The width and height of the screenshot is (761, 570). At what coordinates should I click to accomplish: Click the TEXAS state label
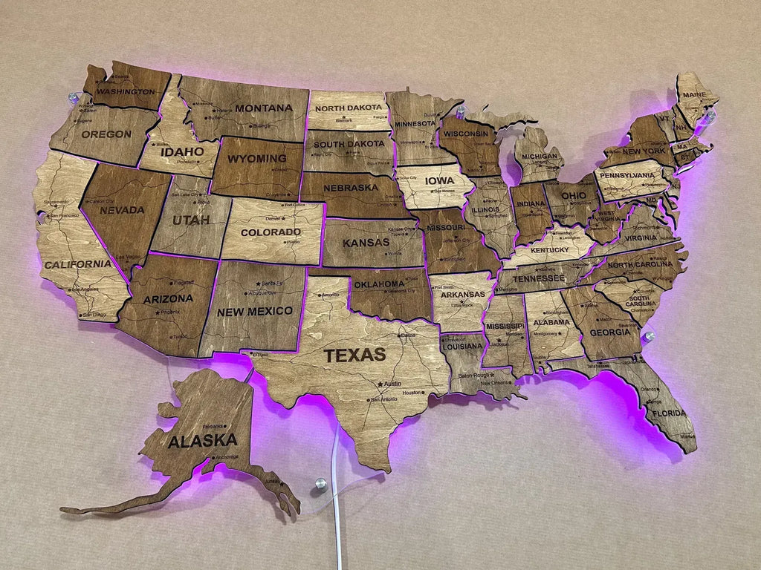point(354,355)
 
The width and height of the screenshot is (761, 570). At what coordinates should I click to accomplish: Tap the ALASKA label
point(202,441)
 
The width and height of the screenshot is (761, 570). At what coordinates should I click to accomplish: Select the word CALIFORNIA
point(77,264)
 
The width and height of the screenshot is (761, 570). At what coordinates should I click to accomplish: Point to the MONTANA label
point(264,108)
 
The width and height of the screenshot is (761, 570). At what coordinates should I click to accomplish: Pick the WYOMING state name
point(256,158)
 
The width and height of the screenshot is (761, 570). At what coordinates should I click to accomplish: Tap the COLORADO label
point(270,232)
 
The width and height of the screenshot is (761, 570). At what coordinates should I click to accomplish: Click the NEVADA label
point(122,209)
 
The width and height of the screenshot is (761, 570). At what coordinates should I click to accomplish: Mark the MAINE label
point(693,95)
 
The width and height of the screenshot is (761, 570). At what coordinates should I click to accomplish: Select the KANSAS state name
point(366,243)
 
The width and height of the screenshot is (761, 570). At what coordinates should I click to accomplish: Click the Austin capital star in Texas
point(380,384)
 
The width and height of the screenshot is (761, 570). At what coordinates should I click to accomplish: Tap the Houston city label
point(412,392)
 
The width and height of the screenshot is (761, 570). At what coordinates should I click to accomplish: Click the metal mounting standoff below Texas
point(320,485)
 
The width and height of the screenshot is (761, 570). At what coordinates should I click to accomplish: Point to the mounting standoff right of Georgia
point(649,337)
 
